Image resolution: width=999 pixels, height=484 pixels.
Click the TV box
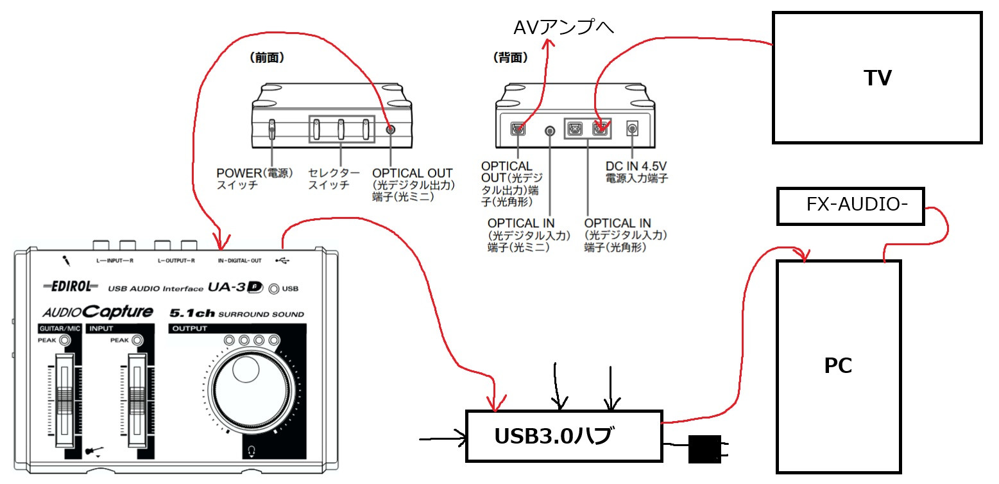(x=877, y=77)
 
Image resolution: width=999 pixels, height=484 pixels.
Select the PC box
(x=838, y=366)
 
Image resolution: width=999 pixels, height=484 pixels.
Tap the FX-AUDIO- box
(x=850, y=206)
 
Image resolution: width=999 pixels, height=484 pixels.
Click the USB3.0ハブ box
(x=563, y=436)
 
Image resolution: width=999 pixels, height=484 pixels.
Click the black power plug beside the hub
(x=704, y=449)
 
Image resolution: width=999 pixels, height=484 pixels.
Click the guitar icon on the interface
(x=95, y=450)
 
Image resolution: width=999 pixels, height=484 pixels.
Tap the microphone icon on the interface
(x=65, y=261)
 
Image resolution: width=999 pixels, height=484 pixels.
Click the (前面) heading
(x=266, y=58)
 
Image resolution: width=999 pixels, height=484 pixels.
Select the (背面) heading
(x=510, y=58)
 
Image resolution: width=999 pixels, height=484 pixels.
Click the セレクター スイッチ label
(x=334, y=178)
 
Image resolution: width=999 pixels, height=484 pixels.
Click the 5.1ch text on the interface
(x=191, y=314)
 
